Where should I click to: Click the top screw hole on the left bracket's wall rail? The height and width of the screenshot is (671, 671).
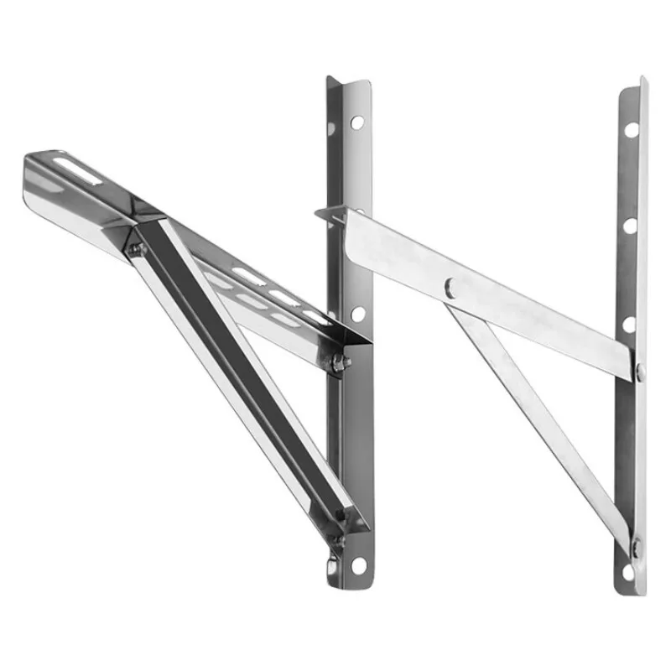tap(357, 122)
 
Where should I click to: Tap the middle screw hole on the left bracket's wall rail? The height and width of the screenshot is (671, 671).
tap(358, 314)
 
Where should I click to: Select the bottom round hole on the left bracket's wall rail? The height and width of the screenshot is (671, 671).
tap(358, 564)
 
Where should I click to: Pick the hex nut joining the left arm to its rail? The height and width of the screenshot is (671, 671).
tap(339, 362)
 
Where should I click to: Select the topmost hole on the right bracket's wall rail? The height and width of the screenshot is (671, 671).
tap(631, 130)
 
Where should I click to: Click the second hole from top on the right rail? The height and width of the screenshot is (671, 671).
tap(631, 226)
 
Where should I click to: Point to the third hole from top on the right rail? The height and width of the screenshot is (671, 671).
tap(631, 324)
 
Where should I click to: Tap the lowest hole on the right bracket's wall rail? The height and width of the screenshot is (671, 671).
tap(631, 573)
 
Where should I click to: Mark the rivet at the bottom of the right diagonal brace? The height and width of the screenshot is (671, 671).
tap(635, 546)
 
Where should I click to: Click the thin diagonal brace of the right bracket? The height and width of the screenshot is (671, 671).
tap(537, 419)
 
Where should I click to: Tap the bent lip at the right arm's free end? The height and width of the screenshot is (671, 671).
tap(331, 213)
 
